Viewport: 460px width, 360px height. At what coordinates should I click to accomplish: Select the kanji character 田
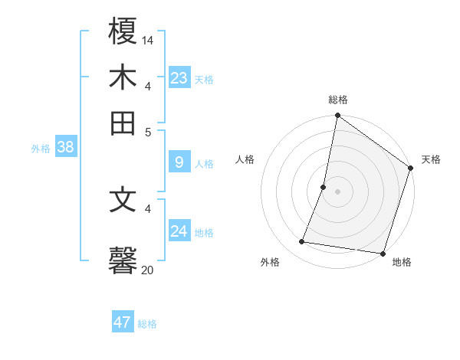pyautogui.click(x=123, y=123)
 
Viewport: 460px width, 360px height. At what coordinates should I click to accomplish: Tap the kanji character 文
pyautogui.click(x=123, y=200)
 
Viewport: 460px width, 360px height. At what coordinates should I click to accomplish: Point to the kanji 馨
pyautogui.click(x=123, y=260)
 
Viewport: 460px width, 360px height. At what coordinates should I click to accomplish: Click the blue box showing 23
pyautogui.click(x=179, y=78)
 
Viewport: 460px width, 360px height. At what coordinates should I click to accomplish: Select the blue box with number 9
pyautogui.click(x=179, y=162)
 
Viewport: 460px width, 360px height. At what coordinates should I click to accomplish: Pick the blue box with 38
pyautogui.click(x=65, y=147)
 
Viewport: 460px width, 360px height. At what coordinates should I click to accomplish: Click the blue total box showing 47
pyautogui.click(x=123, y=322)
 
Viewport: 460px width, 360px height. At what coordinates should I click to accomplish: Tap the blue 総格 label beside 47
pyautogui.click(x=147, y=324)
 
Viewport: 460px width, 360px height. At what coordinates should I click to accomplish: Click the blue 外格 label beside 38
pyautogui.click(x=41, y=149)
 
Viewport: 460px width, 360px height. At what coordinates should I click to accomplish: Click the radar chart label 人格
pyautogui.click(x=245, y=159)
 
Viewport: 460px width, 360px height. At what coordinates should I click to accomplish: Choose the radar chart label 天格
pyautogui.click(x=431, y=159)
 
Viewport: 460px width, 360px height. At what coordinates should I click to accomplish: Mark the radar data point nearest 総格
pyautogui.click(x=337, y=116)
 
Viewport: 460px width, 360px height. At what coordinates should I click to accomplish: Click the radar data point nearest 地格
pyautogui.click(x=383, y=253)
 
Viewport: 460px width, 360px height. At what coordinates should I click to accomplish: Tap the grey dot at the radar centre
pyautogui.click(x=337, y=191)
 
